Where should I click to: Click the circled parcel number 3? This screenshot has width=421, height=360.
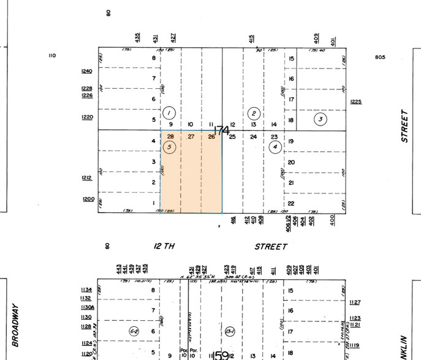(320, 119)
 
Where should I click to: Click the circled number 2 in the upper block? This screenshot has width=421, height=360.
(254, 113)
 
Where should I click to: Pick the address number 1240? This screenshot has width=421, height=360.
(86, 71)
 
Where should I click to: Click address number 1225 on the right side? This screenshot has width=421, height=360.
(355, 102)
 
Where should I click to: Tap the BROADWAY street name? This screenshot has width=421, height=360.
(14, 318)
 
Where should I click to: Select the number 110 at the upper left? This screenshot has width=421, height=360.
(51, 56)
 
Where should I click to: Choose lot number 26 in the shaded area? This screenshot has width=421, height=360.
(211, 137)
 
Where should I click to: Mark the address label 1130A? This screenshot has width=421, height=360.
(87, 307)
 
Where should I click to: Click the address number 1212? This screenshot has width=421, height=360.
(86, 178)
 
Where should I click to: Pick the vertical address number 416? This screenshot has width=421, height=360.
(233, 219)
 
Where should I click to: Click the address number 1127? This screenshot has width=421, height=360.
(355, 302)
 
